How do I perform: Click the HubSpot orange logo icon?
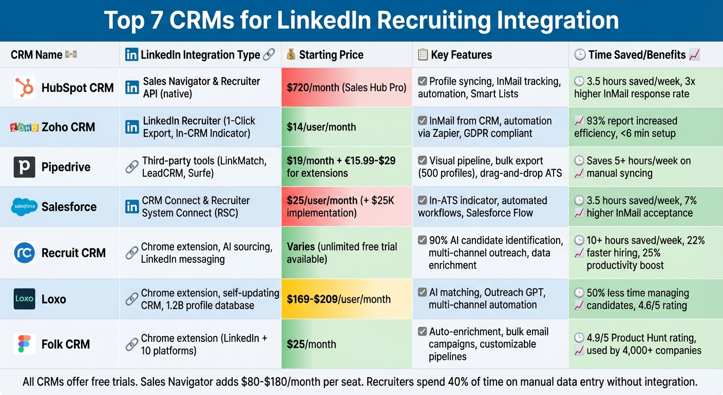pos(25,87)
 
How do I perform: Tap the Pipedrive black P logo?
pos(25,167)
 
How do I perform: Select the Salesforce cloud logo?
pos(25,207)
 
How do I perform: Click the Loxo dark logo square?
pos(25,299)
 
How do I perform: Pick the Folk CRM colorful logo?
pos(25,344)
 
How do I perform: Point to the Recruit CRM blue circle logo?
pos(25,253)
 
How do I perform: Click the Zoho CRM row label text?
pos(68,127)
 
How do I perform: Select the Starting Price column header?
pos(331,55)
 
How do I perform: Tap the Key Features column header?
pos(461,55)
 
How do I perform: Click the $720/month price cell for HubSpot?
pos(346,87)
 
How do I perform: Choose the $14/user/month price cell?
pos(321,127)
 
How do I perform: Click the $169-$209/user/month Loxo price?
pos(338,299)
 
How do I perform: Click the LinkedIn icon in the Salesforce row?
pos(132,207)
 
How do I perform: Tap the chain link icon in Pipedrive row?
pos(132,167)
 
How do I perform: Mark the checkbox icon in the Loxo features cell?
pos(422,293)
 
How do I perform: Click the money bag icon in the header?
pos(291,55)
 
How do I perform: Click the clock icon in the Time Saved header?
pos(580,55)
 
